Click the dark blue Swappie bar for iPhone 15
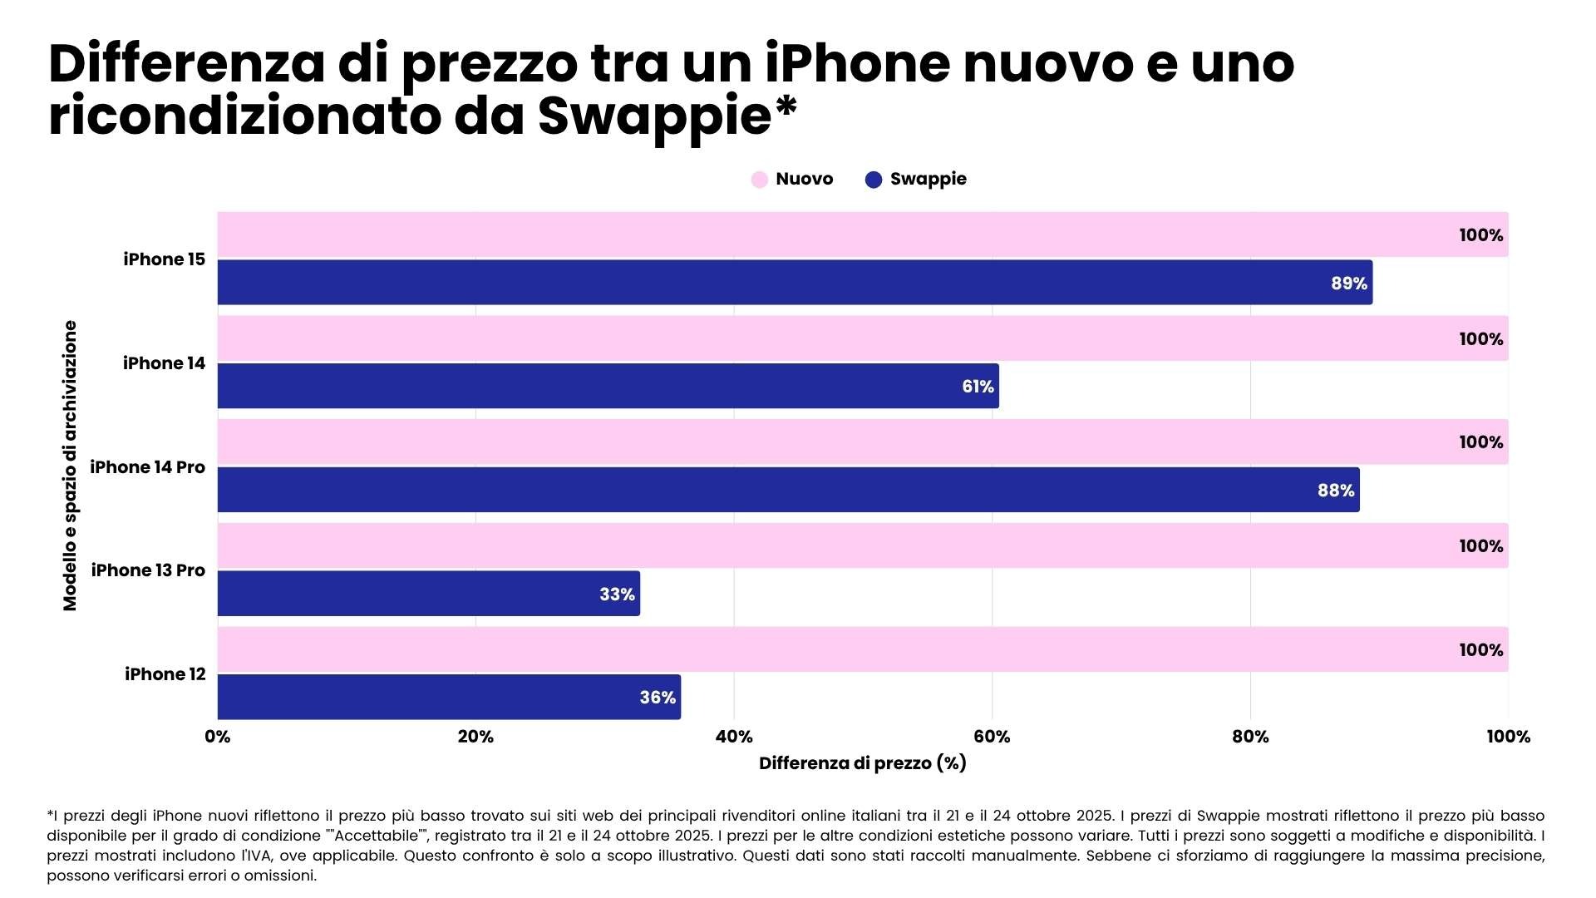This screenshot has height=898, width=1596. pos(794,283)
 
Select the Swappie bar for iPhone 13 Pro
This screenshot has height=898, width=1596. pos(428,594)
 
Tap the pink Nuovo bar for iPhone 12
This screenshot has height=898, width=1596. pos(862,649)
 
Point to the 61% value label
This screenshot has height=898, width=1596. pos(978,387)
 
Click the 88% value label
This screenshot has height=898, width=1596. pos(1335,491)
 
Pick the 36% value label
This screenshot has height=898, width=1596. pos(657,698)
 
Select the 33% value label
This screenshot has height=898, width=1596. pos(617,595)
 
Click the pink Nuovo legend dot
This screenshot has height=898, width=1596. pos(759,180)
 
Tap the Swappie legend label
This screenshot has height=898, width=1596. pos(928,179)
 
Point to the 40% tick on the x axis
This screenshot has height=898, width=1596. pos(734,737)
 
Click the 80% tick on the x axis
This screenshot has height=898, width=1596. pos(1250,737)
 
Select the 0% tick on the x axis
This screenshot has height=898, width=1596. pos(218,737)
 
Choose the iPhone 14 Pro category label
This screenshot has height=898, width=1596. pos(147,467)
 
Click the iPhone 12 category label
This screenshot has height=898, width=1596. pos(165,674)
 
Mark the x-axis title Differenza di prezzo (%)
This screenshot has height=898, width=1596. pos(862,763)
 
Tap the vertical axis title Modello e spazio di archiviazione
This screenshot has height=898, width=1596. pos(70,466)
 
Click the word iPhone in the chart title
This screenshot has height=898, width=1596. pos(857,63)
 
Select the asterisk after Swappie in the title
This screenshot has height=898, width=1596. pos(786,108)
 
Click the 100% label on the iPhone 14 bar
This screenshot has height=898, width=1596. pos(1480,339)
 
